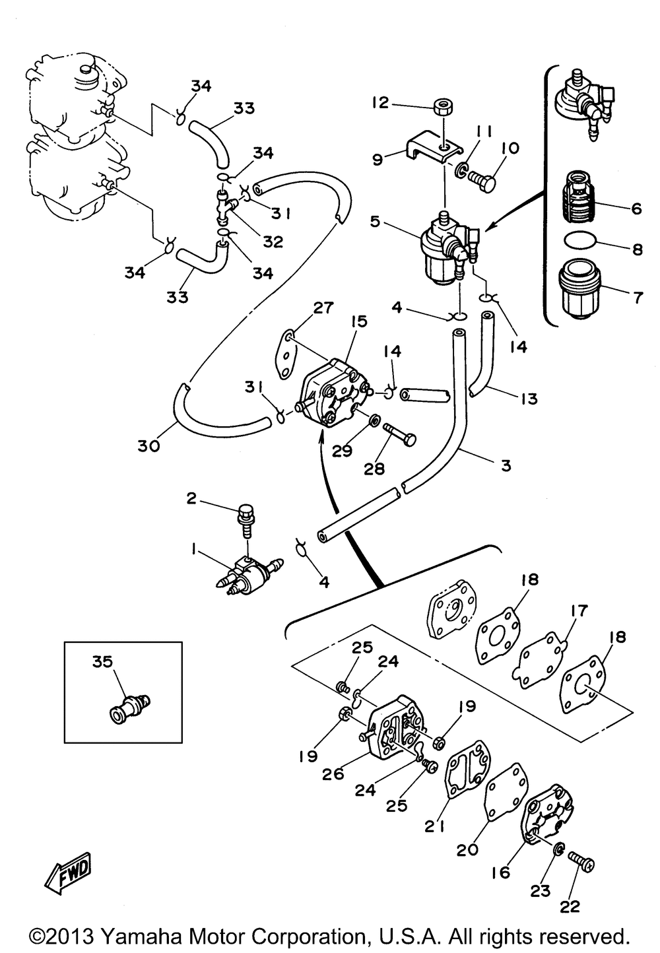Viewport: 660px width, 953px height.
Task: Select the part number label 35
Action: [102, 661]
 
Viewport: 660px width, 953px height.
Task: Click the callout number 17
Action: [579, 610]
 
